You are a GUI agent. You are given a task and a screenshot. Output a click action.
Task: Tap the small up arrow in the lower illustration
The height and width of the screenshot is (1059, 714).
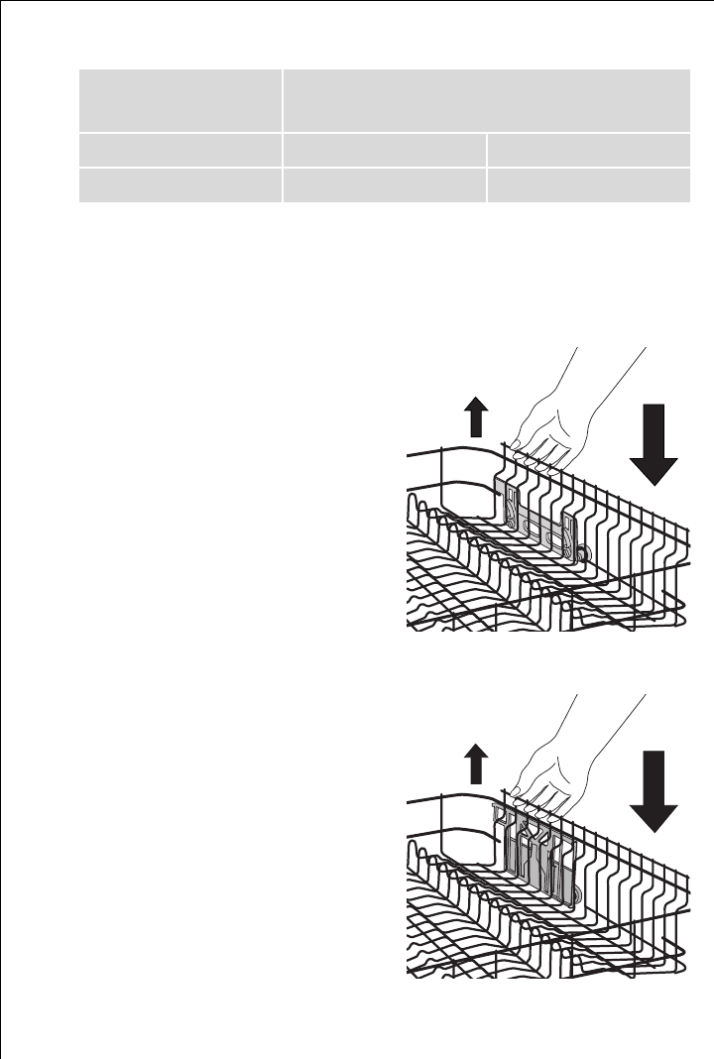point(476,766)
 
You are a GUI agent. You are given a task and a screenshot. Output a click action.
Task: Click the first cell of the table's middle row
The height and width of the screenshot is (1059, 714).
point(179,149)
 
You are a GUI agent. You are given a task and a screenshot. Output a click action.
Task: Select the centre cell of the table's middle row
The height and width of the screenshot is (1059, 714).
point(384,149)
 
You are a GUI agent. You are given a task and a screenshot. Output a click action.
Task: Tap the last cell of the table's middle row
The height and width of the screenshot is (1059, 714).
point(589,149)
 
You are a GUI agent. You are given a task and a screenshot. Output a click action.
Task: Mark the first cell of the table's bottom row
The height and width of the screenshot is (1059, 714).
point(179,185)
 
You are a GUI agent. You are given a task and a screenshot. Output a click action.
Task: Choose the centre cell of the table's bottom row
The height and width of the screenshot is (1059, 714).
point(384,185)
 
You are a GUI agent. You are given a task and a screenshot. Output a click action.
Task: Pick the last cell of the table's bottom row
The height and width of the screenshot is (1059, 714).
point(589,185)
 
